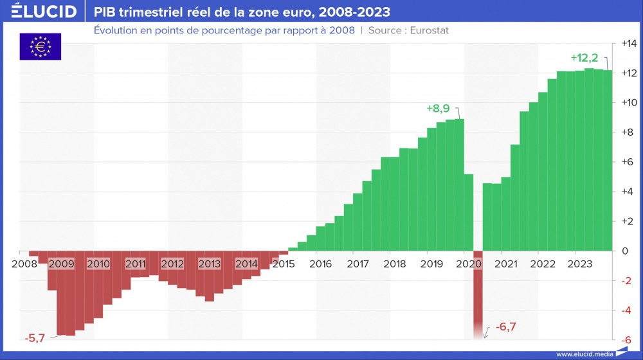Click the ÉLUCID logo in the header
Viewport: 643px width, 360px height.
tap(39, 12)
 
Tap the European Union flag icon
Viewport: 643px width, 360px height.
tap(40, 46)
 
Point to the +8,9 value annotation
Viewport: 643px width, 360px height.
tap(439, 109)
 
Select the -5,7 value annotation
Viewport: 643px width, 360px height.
tap(35, 337)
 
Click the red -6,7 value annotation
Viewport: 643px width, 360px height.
tap(506, 327)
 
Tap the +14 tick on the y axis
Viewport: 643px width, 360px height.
tap(628, 44)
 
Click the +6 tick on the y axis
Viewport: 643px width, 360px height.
tap(628, 162)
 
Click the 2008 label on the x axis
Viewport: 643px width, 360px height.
tap(24, 264)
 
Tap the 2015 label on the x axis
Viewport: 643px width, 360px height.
tap(284, 264)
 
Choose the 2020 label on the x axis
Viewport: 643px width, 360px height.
tap(469, 264)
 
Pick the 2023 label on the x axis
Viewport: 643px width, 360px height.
tap(580, 264)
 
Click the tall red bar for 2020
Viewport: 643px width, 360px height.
tap(478, 292)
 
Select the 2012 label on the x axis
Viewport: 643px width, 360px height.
tap(172, 264)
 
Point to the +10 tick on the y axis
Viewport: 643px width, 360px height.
tap(628, 103)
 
